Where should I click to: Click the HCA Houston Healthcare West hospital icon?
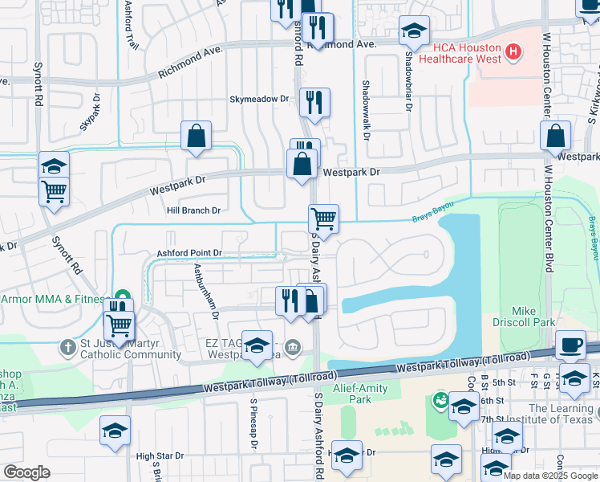tap(513, 54)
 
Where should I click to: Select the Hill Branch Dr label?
tap(193, 210)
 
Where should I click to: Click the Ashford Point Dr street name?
tap(189, 253)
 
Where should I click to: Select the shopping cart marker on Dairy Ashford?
tap(323, 218)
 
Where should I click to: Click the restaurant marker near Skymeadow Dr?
tap(314, 102)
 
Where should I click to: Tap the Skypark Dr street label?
tap(89, 112)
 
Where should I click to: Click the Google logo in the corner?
tap(27, 472)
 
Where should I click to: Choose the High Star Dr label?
tap(160, 455)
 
